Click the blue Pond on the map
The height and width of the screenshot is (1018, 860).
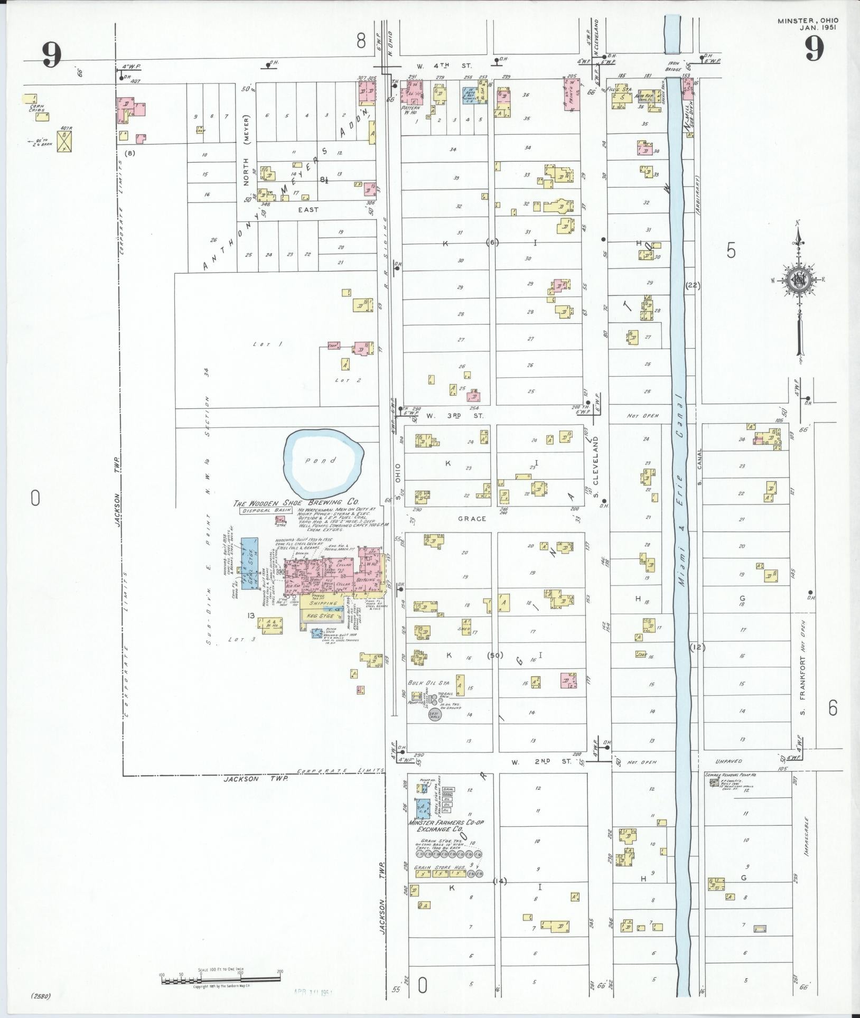coord(323,460)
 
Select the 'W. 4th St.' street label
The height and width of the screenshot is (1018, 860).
coord(444,66)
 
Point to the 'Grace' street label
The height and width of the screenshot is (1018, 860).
coord(472,519)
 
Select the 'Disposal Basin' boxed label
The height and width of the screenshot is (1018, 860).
coord(267,511)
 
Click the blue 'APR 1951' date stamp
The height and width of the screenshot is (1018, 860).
coord(316,992)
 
